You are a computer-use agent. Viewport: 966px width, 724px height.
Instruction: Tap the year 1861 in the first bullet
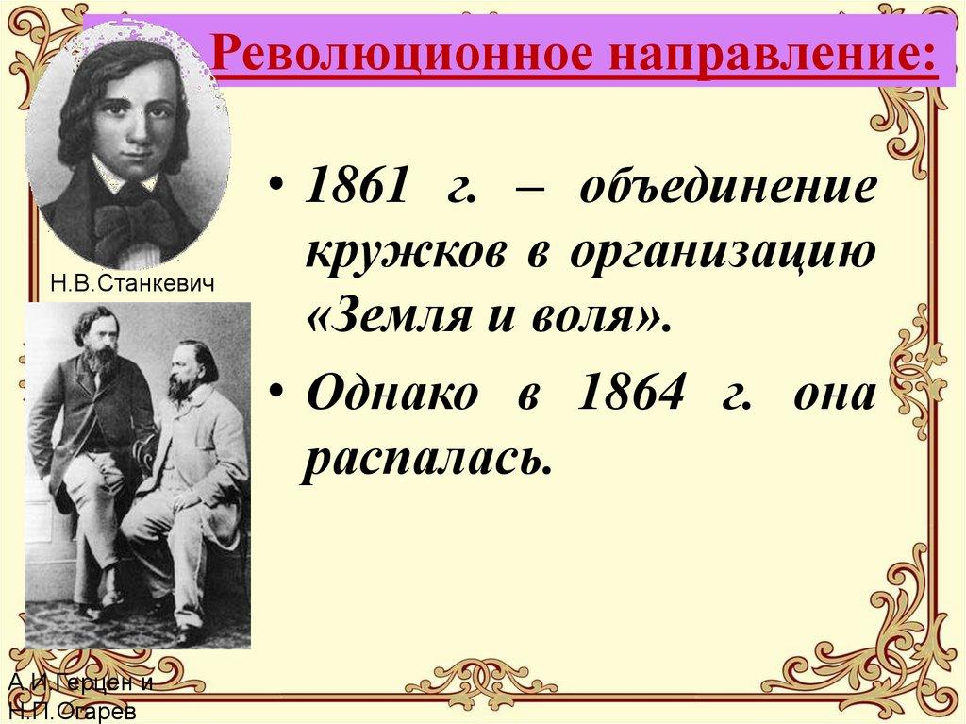point(358,189)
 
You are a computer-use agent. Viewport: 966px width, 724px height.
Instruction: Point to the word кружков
point(409,257)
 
